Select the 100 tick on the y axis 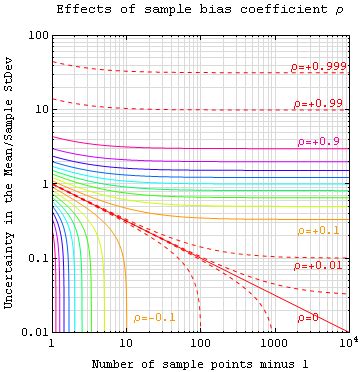click(x=36, y=34)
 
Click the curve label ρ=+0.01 click(x=317, y=266)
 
